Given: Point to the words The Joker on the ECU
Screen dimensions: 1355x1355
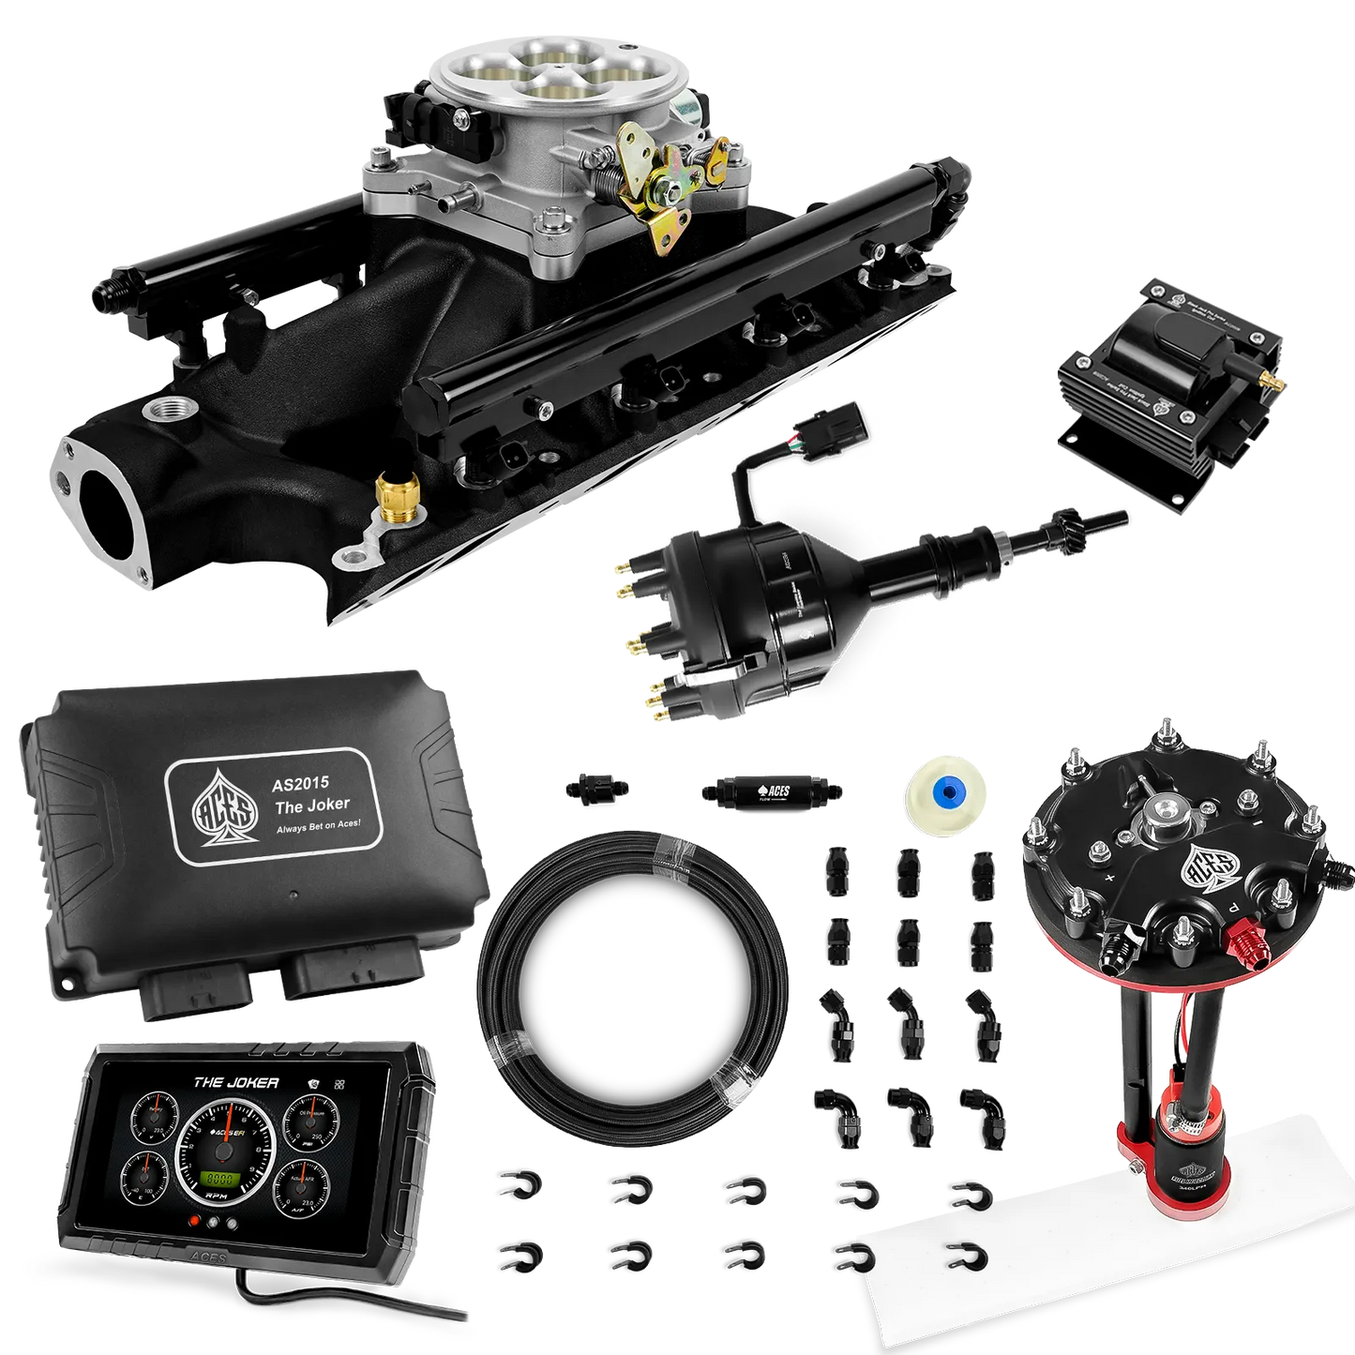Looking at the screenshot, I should [x=311, y=804].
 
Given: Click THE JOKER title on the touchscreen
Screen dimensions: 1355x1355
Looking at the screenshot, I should [x=235, y=1082].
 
